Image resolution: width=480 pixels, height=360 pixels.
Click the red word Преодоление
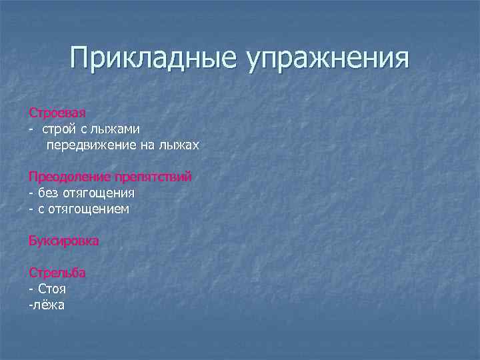[x=69, y=177]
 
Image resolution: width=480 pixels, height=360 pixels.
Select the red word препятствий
[x=153, y=177]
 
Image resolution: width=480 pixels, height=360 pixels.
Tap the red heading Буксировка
[x=63, y=241]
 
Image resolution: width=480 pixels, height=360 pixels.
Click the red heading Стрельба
[x=57, y=273]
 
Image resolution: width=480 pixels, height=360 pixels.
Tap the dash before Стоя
[x=31, y=289]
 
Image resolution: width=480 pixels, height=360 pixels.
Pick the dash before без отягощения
[x=31, y=193]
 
